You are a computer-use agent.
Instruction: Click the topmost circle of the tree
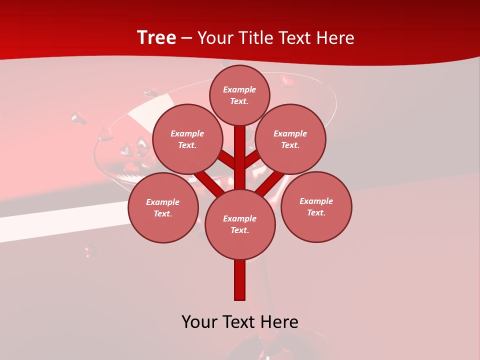click(x=239, y=95)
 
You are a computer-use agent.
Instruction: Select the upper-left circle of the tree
click(x=187, y=139)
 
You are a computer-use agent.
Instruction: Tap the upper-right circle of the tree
click(x=290, y=139)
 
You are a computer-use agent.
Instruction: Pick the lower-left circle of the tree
click(x=163, y=207)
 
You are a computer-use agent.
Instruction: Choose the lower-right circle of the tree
click(x=316, y=206)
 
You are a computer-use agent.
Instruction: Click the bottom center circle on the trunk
click(x=240, y=224)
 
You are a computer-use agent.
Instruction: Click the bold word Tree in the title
click(x=156, y=37)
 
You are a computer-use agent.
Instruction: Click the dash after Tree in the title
click(x=186, y=38)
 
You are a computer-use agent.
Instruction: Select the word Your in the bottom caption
click(x=200, y=321)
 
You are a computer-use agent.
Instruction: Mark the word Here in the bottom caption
click(x=279, y=321)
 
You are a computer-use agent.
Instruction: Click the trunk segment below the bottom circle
click(x=240, y=280)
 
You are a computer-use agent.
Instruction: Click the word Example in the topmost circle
click(x=239, y=89)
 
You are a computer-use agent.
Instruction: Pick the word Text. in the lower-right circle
click(x=316, y=212)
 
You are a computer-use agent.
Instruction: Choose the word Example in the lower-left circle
click(x=163, y=202)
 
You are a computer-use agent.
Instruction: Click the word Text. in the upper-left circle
click(x=187, y=145)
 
